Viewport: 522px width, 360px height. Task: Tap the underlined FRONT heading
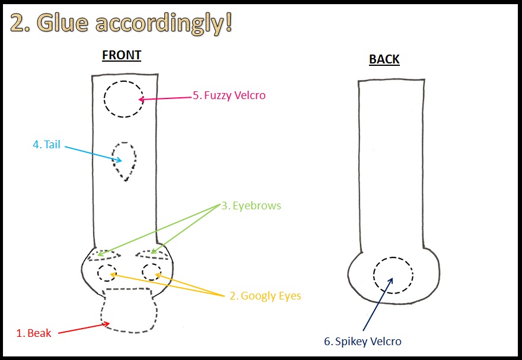[122, 56]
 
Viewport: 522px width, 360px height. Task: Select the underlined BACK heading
[384, 59]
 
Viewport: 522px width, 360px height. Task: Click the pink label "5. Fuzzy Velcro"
[228, 95]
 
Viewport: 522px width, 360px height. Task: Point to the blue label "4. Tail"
[46, 144]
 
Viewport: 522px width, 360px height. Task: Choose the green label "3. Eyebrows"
[251, 206]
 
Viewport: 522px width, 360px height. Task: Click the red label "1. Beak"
[33, 333]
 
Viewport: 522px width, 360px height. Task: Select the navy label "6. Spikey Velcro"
[362, 341]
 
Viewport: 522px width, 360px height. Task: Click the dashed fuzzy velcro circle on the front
[123, 98]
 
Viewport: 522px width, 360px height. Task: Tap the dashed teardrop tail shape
[124, 159]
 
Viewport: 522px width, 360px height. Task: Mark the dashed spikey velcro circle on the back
[393, 275]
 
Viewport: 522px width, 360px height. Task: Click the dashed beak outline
[129, 310]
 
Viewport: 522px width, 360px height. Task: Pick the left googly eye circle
[107, 273]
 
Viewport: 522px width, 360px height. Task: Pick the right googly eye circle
[152, 272]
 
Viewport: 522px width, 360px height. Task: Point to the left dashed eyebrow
[105, 256]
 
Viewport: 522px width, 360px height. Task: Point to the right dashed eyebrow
[153, 254]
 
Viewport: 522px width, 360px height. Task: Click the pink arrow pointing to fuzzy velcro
[165, 97]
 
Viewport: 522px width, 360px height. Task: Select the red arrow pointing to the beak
[83, 328]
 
